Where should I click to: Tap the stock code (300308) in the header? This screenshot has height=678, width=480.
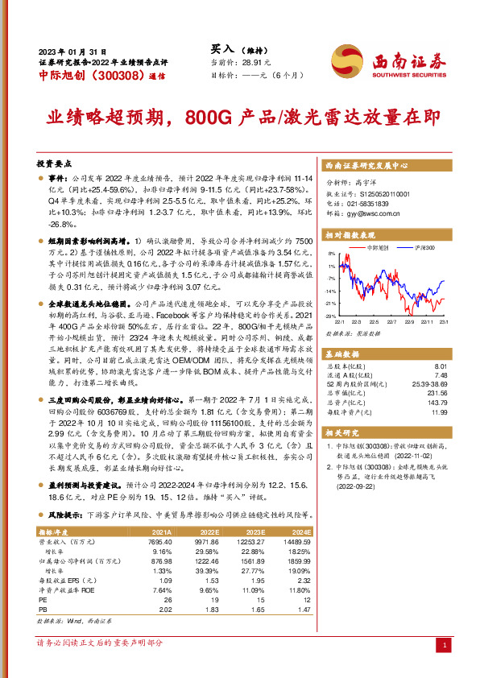[115, 76]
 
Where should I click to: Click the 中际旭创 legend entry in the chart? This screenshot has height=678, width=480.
[379, 248]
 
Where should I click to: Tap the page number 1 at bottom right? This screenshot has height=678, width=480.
[445, 645]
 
